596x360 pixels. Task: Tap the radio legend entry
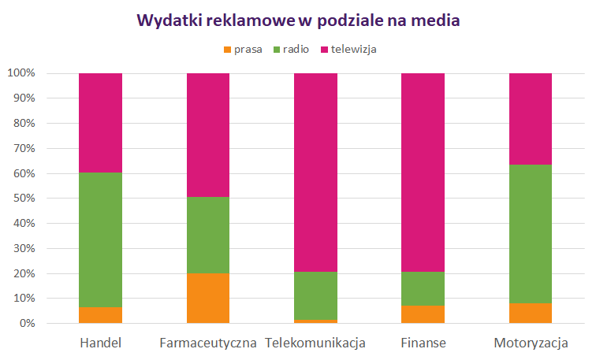(292, 50)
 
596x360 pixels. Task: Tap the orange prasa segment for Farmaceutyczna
(208, 299)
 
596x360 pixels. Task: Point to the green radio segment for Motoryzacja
(531, 234)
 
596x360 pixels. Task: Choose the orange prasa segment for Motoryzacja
(531, 314)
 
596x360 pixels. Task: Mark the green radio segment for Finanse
(423, 288)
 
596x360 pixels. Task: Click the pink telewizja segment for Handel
(100, 123)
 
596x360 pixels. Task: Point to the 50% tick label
(22, 199)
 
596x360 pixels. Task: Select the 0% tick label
(25, 324)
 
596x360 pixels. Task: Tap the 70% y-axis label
(22, 148)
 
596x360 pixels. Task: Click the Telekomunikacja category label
(315, 343)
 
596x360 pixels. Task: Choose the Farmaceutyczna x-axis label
(208, 343)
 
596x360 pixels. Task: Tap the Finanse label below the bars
(423, 343)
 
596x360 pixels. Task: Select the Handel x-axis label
(100, 343)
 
